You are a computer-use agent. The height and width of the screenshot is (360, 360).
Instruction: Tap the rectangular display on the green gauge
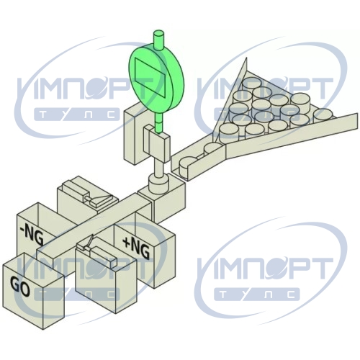[x=150, y=78]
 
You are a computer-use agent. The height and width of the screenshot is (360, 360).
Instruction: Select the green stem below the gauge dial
[x=158, y=124]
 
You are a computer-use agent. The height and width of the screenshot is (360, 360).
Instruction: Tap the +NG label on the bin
[x=136, y=248]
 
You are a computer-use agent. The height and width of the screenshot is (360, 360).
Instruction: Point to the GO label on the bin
[x=20, y=286]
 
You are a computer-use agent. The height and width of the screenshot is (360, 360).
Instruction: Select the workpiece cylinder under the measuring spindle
[x=158, y=184]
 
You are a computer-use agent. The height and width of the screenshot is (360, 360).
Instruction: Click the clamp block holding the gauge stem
[x=156, y=143]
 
